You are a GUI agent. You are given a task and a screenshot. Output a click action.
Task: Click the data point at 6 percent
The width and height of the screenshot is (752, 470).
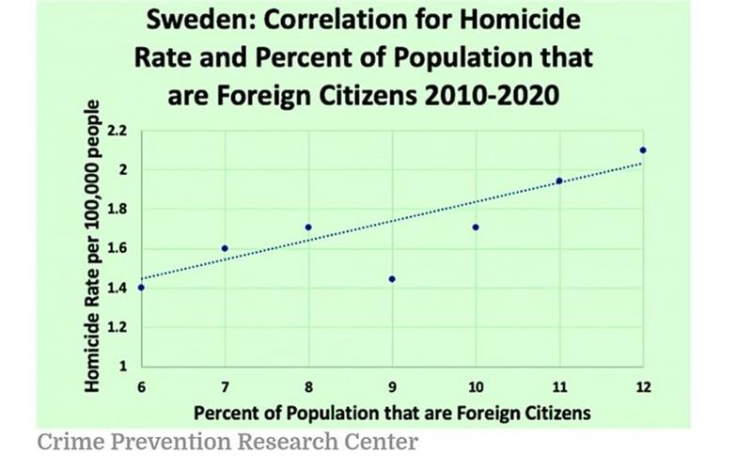(x=141, y=288)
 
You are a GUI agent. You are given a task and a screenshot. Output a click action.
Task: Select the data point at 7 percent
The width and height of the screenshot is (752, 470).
(x=225, y=248)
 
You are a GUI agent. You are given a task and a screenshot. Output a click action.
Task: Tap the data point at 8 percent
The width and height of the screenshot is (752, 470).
(x=308, y=227)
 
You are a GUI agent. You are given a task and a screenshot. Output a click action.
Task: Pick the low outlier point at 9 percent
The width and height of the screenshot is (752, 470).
(x=392, y=279)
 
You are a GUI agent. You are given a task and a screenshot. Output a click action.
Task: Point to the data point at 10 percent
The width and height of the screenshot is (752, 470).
(x=476, y=227)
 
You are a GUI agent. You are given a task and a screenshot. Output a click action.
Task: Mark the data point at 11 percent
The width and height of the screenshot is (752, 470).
(x=559, y=180)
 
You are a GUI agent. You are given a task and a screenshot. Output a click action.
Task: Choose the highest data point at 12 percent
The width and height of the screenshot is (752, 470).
(x=643, y=150)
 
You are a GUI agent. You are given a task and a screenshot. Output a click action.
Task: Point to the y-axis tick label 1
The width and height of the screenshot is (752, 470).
(x=123, y=366)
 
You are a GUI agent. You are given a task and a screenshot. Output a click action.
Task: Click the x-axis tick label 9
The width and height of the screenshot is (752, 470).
(x=392, y=387)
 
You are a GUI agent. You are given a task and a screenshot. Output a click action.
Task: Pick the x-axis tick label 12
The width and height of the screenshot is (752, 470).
(x=643, y=387)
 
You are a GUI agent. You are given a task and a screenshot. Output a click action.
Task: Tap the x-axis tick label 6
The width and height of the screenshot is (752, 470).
(x=141, y=387)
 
